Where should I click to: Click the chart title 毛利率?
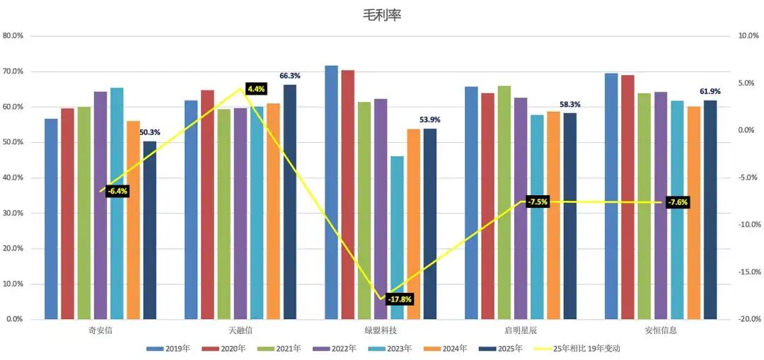pos(381,15)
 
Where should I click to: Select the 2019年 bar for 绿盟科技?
pos(331,192)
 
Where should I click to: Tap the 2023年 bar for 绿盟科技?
pos(397,238)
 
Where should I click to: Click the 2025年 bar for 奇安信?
pos(149,231)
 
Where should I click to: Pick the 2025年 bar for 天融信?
pos(290,202)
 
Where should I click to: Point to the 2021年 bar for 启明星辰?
pos(504,203)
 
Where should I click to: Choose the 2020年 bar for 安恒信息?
pos(628,197)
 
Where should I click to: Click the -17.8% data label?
pos(400,299)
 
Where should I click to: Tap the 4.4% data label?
pos(256,88)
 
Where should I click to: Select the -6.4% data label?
pos(117,191)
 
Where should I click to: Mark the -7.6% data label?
pos(678,202)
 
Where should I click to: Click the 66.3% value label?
pos(290,76)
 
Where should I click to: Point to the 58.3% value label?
pos(570,104)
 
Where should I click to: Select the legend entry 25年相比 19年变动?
pos(580,348)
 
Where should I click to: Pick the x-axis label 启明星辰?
pos(521,331)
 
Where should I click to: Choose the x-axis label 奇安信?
pos(100,331)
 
